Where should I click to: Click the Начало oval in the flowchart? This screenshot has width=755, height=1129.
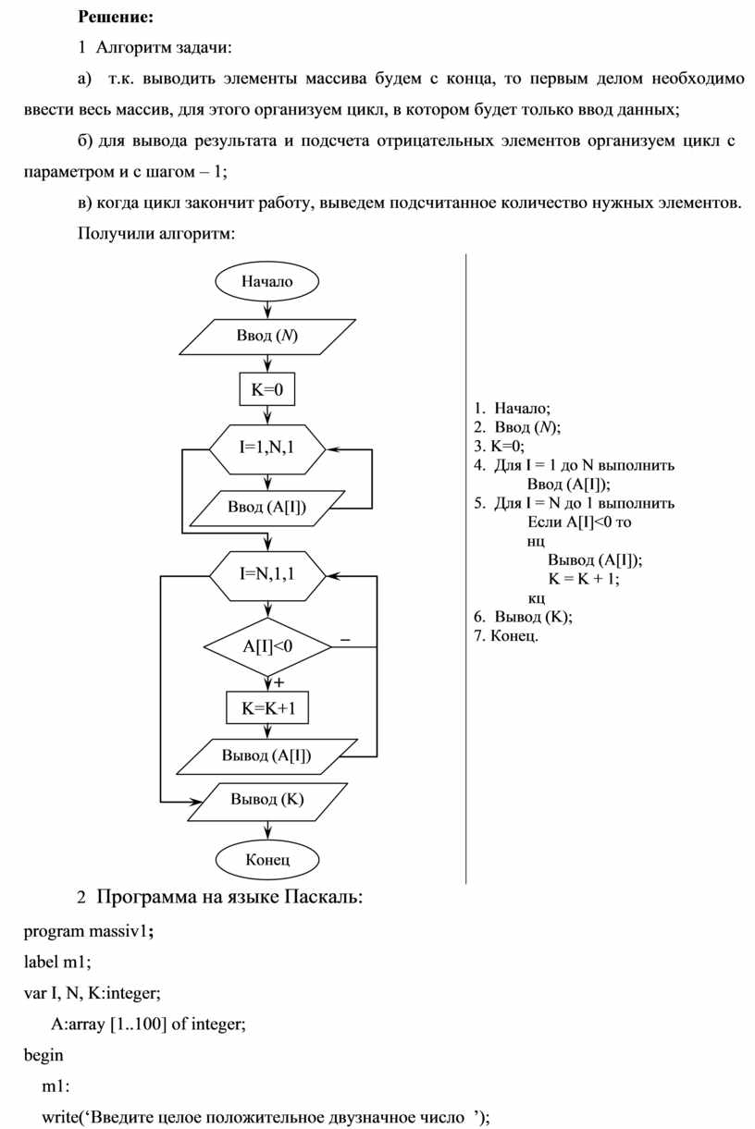[267, 281]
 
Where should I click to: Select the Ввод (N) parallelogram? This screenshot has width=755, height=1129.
[267, 336]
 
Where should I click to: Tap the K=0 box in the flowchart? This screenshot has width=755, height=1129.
[267, 390]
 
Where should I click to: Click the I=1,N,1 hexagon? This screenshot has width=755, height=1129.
[267, 448]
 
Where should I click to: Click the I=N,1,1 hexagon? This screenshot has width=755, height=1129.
[267, 573]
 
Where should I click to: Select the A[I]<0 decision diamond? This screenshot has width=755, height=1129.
[267, 646]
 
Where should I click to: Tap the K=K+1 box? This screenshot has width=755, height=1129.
[267, 708]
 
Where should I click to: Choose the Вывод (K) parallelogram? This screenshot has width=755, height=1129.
[267, 800]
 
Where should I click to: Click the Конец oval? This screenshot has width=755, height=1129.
[267, 859]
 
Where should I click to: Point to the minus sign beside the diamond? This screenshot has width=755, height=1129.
[345, 639]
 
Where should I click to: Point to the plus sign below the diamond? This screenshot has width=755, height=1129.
[278, 682]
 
